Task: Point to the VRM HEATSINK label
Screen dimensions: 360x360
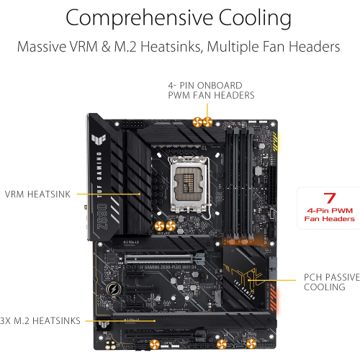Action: (35, 194)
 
